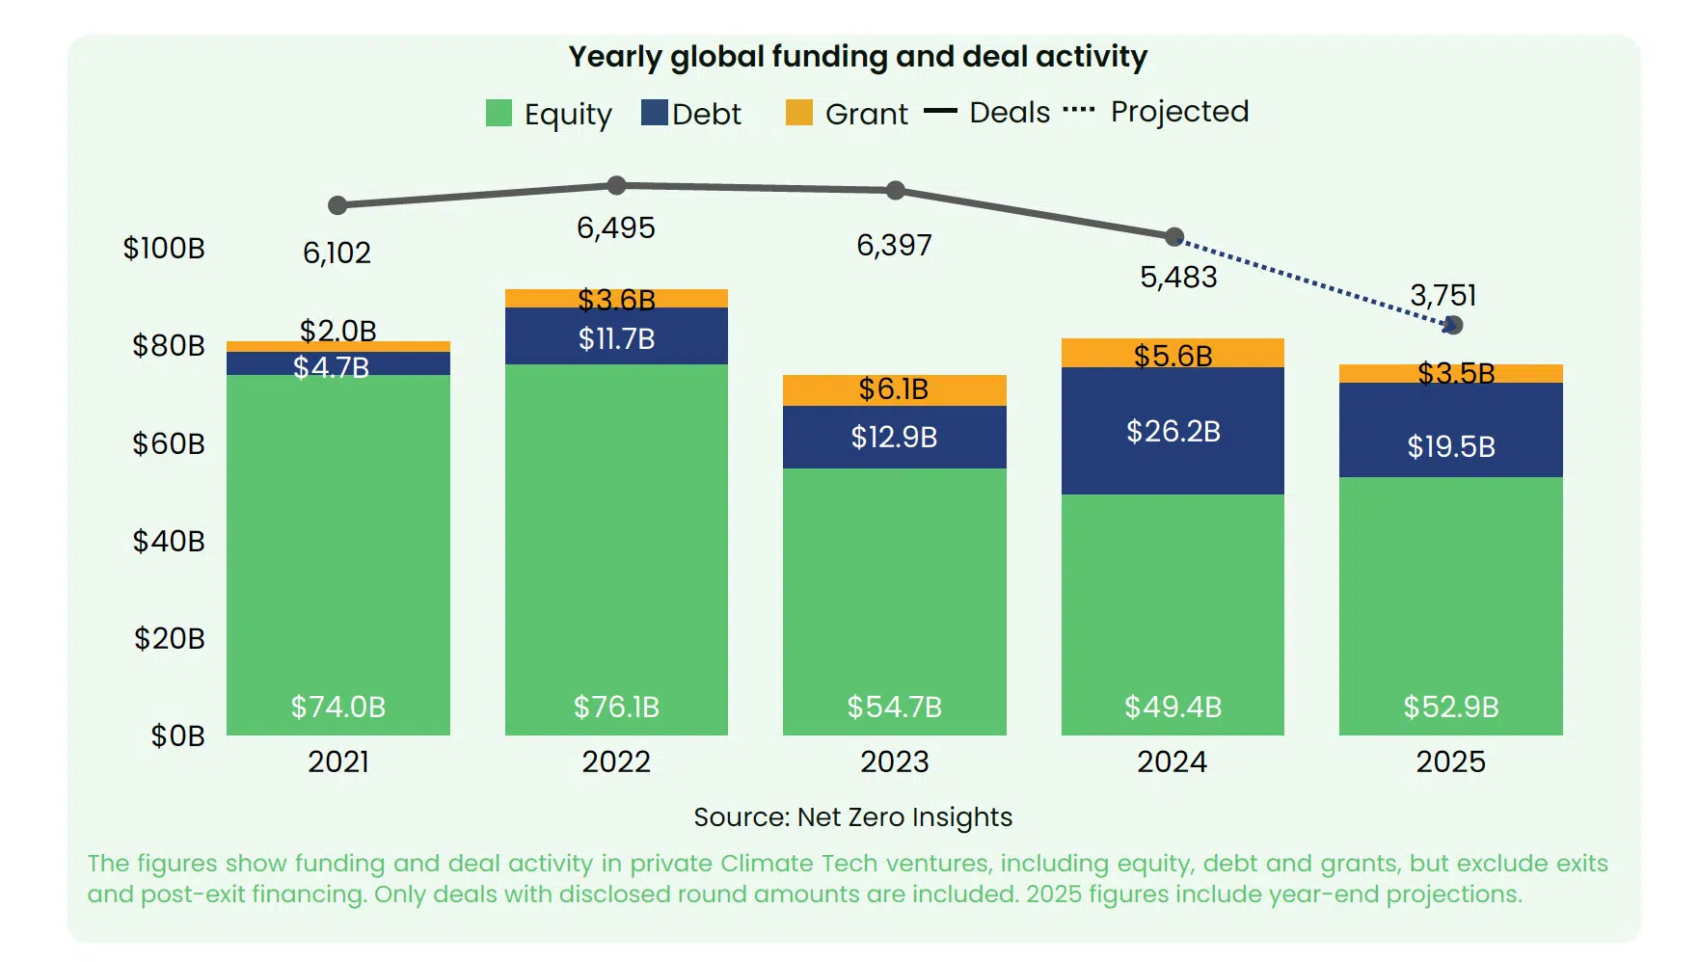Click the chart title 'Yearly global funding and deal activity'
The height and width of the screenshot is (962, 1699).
point(857,57)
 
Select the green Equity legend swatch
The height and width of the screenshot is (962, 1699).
point(499,113)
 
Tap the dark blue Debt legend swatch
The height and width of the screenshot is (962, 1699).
point(655,113)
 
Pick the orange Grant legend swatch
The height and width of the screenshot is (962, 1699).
point(799,113)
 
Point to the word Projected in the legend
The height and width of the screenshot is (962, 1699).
point(1179,112)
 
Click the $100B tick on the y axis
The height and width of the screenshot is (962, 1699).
point(164,249)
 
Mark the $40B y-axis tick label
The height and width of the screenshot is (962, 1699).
point(169,541)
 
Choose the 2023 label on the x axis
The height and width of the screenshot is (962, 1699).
point(894,762)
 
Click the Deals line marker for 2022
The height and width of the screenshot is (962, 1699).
point(617,185)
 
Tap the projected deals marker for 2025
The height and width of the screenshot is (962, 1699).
point(1453,325)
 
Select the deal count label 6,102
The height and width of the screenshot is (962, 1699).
point(337,253)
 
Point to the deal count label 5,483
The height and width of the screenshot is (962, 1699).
point(1178,278)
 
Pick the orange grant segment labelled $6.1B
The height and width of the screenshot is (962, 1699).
point(894,389)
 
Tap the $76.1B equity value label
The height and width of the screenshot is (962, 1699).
point(616,707)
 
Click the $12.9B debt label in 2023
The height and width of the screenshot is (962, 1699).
point(894,438)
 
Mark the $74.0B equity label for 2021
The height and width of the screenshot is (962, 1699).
point(338,707)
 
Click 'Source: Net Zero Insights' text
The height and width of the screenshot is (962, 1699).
point(852,817)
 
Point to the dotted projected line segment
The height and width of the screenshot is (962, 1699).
point(1313,281)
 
